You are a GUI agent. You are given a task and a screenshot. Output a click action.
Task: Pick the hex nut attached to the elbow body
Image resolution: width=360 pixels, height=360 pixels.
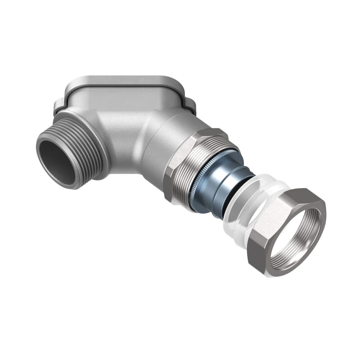coord(180,162)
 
